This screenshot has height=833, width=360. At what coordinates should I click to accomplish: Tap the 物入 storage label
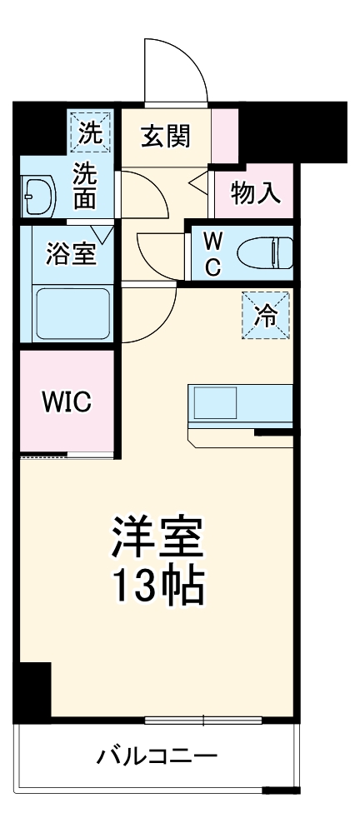point(253,193)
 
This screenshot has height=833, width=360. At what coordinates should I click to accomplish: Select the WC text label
point(212,253)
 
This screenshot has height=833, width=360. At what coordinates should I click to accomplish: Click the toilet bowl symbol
point(264,252)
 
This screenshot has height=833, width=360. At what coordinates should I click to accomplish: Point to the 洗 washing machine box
point(89,131)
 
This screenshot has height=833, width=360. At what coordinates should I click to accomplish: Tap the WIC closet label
point(67,402)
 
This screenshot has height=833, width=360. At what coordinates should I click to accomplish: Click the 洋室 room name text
point(157,540)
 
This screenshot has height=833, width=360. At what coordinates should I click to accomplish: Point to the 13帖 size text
point(157,588)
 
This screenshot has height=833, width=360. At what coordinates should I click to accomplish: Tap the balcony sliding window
point(204,719)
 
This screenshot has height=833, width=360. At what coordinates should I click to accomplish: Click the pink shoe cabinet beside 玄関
point(224,135)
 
